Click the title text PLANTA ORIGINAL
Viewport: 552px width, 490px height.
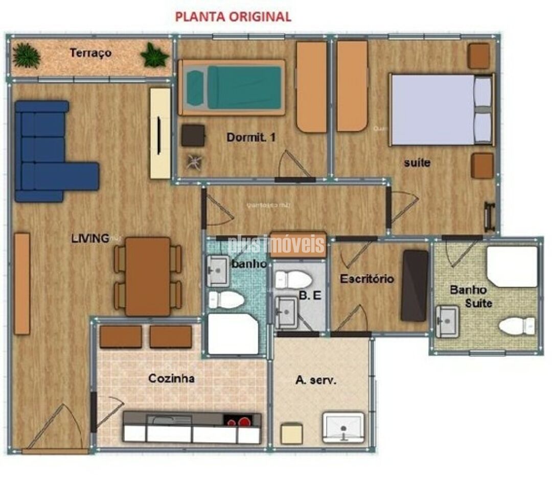(x=233, y=16)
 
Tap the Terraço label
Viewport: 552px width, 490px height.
(x=90, y=53)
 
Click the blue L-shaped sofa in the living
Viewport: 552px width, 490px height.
(x=46, y=153)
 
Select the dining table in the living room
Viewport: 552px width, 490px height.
(x=148, y=276)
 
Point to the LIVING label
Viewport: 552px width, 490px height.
(x=90, y=238)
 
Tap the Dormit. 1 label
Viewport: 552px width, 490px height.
(x=251, y=137)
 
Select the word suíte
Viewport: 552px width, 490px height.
(x=417, y=163)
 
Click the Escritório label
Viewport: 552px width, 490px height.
(x=367, y=279)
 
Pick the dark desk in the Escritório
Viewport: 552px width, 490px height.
(x=415, y=285)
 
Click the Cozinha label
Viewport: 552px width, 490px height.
(x=171, y=379)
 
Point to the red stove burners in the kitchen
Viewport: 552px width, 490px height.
(x=239, y=421)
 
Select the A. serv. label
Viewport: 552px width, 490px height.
(x=316, y=380)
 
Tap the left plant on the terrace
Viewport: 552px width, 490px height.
(x=26, y=55)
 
